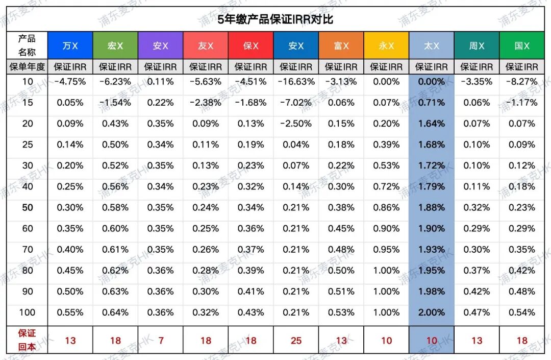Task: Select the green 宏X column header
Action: pos(115,45)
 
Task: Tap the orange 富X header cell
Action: pos(341,45)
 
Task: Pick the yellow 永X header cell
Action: pos(386,45)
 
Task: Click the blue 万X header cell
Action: pos(70,45)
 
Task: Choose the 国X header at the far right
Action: pos(522,45)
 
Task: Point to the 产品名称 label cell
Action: pos(27,45)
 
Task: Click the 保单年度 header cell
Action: pos(27,67)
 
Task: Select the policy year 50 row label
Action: pos(28,208)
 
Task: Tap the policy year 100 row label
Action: pos(28,313)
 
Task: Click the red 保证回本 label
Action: pos(27,340)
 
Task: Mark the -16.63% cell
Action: pos(296,82)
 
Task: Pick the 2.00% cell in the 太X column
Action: pos(431,313)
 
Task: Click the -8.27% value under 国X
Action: pos(522,82)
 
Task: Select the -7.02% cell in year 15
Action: pos(296,103)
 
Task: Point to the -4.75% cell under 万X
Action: pos(70,82)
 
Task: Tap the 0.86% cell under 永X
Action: pos(386,208)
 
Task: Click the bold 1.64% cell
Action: pos(431,124)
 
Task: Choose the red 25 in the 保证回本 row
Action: pos(296,341)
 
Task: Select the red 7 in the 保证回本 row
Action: pos(160,341)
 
